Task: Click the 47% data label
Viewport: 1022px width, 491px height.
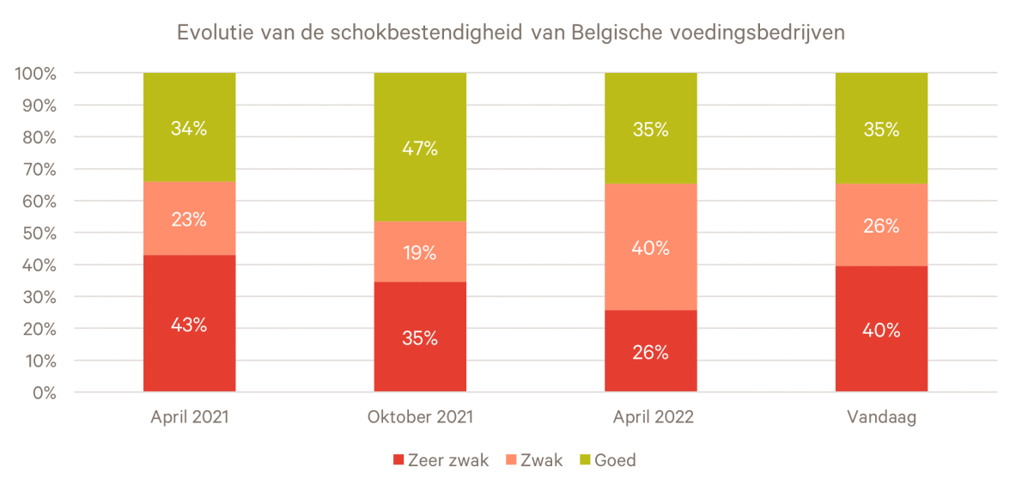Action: pos(420,149)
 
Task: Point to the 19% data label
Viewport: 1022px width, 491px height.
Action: pos(420,253)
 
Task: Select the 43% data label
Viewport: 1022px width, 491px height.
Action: pos(189,325)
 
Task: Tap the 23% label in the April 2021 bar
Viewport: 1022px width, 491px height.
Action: pos(189,219)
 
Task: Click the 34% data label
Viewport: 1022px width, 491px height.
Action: pos(189,129)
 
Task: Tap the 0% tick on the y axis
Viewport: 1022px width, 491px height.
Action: pos(45,393)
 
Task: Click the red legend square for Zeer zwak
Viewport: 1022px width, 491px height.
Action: pos(398,461)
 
